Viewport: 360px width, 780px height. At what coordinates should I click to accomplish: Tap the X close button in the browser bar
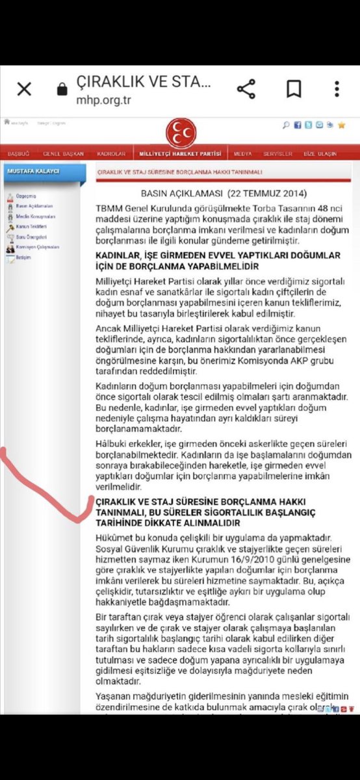click(x=24, y=89)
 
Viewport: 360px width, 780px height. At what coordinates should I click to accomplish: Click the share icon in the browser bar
click(x=245, y=89)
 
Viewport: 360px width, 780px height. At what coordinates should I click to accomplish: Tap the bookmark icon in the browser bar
click(x=294, y=89)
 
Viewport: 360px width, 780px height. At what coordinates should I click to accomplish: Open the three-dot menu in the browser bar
click(x=337, y=89)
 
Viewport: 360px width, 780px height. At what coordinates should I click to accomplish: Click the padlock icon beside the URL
click(x=62, y=89)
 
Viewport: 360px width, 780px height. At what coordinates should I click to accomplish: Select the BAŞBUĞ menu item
click(x=19, y=154)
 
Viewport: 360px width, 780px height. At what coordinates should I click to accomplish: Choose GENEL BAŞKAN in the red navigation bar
click(x=63, y=154)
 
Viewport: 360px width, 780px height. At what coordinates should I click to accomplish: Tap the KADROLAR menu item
click(x=110, y=154)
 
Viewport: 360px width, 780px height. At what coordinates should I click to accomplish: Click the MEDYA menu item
click(x=243, y=154)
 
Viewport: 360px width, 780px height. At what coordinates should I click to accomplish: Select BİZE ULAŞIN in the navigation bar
click(x=320, y=154)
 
